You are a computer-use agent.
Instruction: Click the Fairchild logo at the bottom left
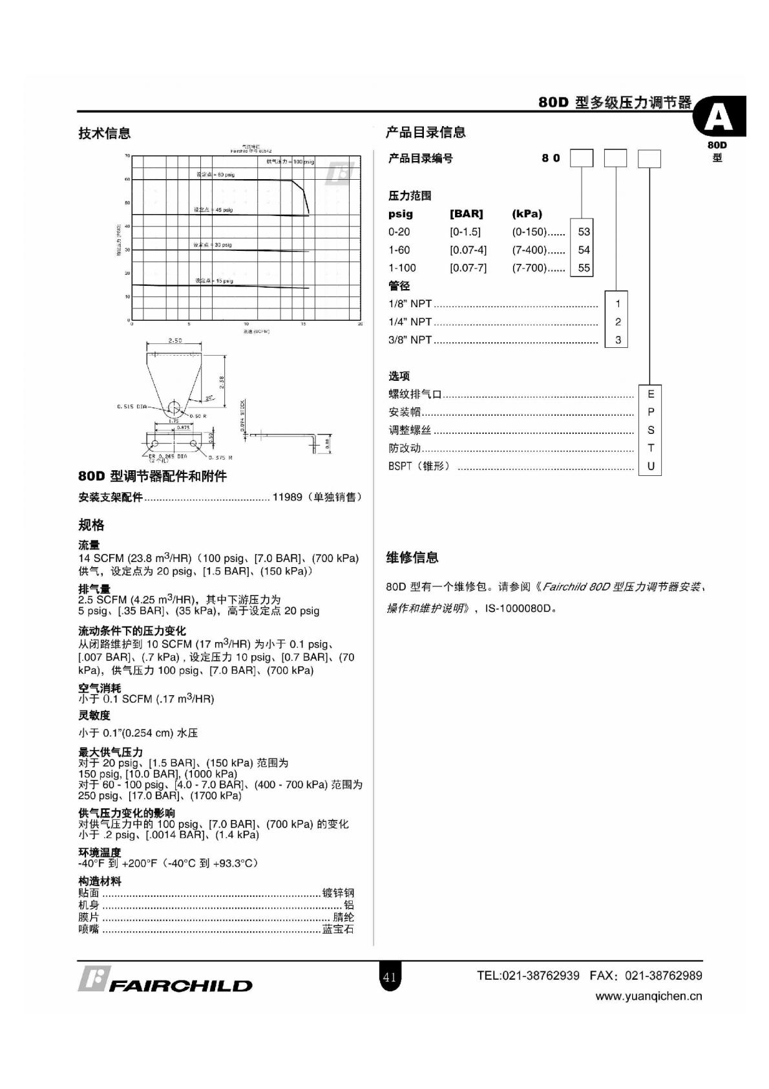click(x=165, y=980)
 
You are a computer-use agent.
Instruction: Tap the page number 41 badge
click(x=389, y=977)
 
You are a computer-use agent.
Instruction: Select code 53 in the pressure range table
click(x=584, y=232)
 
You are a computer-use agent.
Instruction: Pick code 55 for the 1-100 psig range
click(x=584, y=268)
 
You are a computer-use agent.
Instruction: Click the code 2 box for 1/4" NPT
click(x=618, y=321)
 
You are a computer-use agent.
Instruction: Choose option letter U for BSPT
click(x=650, y=466)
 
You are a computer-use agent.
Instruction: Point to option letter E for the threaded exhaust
click(x=650, y=394)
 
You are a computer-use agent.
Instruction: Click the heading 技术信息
click(x=105, y=133)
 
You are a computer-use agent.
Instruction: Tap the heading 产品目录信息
click(x=425, y=133)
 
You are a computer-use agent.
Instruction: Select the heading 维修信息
click(x=412, y=557)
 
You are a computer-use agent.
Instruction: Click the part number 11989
click(x=287, y=497)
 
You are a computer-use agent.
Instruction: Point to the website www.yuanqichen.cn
click(x=648, y=997)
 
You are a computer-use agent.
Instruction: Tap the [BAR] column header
click(x=466, y=214)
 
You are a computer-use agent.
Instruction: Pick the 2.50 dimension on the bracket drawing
click(x=174, y=340)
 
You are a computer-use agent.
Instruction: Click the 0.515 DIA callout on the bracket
click(x=132, y=407)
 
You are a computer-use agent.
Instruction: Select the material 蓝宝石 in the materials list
click(x=338, y=929)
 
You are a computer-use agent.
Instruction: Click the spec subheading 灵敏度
click(x=94, y=715)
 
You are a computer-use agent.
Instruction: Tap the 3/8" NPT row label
click(x=410, y=340)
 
